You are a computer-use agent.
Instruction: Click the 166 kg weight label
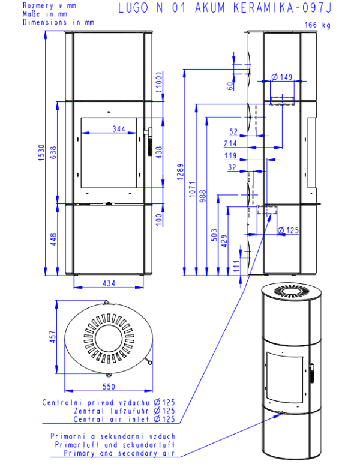(x=317, y=25)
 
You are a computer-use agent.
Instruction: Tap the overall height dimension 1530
(x=41, y=153)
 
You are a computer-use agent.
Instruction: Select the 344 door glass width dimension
(x=119, y=129)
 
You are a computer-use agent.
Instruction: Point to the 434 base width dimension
(x=109, y=283)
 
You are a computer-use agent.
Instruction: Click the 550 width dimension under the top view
(x=109, y=387)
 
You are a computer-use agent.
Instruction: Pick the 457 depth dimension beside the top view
(x=53, y=337)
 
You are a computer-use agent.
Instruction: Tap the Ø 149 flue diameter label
(x=282, y=77)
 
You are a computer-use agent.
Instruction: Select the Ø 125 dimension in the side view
(x=288, y=230)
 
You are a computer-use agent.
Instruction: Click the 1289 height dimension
(x=180, y=172)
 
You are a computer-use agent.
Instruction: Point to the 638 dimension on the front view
(x=53, y=152)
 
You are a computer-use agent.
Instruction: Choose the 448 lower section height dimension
(x=53, y=239)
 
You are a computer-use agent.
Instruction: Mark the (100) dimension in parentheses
(x=160, y=82)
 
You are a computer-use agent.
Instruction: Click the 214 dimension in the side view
(x=230, y=143)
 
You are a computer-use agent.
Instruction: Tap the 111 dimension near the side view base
(x=236, y=266)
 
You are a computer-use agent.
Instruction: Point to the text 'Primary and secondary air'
(x=119, y=453)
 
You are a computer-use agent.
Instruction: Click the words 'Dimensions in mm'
(x=59, y=22)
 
